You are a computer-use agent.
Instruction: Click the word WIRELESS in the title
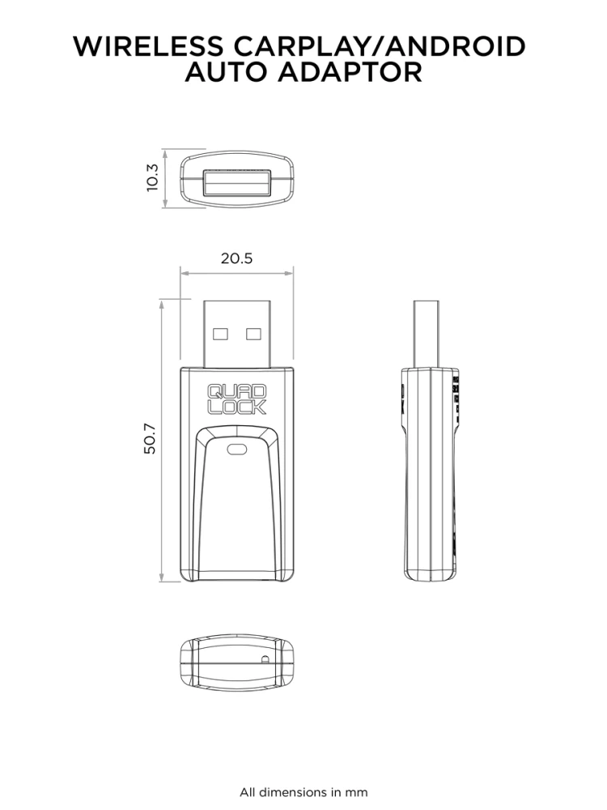click(149, 46)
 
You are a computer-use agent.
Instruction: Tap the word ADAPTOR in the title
click(350, 72)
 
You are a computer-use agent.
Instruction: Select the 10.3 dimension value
click(152, 177)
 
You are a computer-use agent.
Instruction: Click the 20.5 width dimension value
click(237, 258)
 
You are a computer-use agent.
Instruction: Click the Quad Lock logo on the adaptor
click(237, 399)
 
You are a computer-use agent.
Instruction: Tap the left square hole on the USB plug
click(220, 334)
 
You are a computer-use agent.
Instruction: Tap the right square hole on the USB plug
click(253, 334)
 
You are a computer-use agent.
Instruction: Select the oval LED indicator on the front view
click(237, 450)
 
